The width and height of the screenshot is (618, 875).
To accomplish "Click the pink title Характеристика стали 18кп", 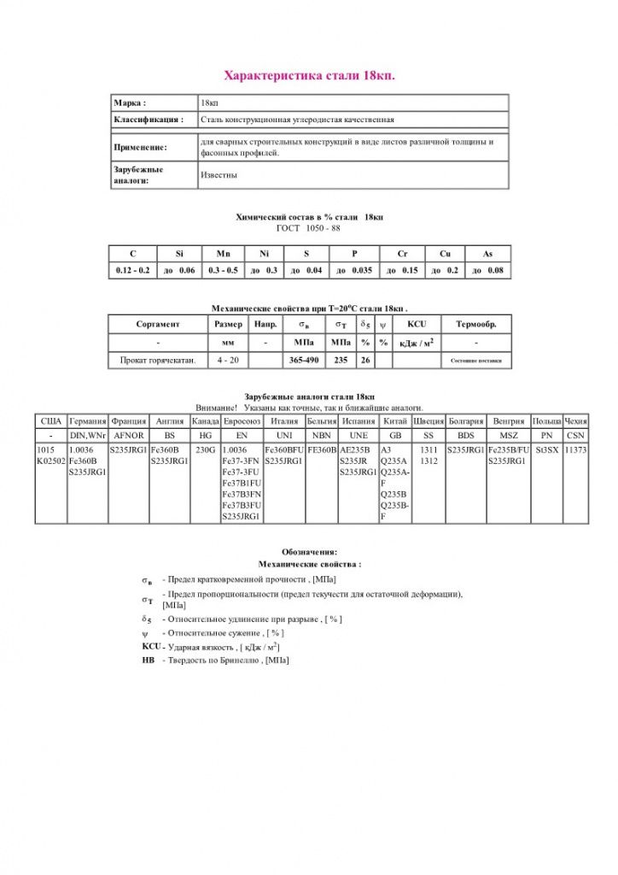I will click(x=309, y=76).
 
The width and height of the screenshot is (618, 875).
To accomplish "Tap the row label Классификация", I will click(x=149, y=120).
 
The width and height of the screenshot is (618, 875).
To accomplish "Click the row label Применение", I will click(x=141, y=147).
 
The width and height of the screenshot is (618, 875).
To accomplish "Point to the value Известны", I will click(x=219, y=175).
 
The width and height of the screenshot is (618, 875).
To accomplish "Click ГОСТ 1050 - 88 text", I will click(x=309, y=228).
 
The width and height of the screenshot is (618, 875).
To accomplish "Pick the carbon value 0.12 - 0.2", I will click(x=132, y=270).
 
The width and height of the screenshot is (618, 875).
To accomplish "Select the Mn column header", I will click(x=223, y=254).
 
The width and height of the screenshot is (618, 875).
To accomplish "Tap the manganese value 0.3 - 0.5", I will click(x=223, y=270).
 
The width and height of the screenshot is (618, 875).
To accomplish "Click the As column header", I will click(x=487, y=254).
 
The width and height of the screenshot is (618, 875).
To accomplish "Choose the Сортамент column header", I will click(x=158, y=324).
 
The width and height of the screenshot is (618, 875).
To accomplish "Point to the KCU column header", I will click(x=417, y=324).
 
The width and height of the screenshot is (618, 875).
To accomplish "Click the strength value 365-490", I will click(x=304, y=361).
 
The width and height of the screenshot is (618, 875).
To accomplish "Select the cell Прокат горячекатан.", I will click(x=158, y=361).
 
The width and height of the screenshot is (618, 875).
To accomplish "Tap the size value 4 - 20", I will click(x=228, y=361).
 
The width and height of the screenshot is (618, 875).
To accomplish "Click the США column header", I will click(x=50, y=421).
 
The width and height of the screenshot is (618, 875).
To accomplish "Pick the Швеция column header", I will click(x=428, y=421).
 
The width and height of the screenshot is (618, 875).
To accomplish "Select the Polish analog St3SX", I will click(x=546, y=449).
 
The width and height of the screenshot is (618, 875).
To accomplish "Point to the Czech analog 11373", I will click(x=575, y=449).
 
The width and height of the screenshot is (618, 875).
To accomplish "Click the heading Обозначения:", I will click(x=309, y=551).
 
